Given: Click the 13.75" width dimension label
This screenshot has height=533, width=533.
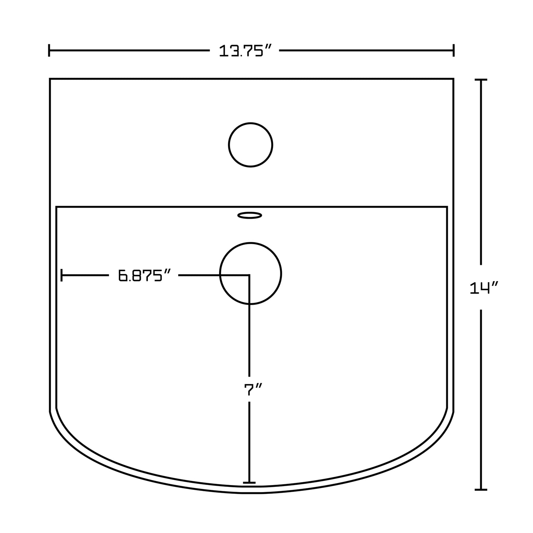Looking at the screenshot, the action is click(x=245, y=51).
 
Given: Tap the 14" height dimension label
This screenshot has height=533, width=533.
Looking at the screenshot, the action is click(x=484, y=288).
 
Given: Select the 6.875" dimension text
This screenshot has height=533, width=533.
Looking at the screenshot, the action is click(x=143, y=275).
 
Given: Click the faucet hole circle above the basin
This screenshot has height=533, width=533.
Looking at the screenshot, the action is click(x=250, y=123).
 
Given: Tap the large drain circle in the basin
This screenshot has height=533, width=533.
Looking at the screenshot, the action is click(x=250, y=243).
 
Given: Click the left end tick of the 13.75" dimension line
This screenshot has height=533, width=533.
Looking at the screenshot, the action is click(x=49, y=50).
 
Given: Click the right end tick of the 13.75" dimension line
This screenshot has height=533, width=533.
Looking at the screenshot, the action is click(x=454, y=50).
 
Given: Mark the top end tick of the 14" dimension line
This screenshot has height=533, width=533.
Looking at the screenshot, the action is click(x=481, y=80).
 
